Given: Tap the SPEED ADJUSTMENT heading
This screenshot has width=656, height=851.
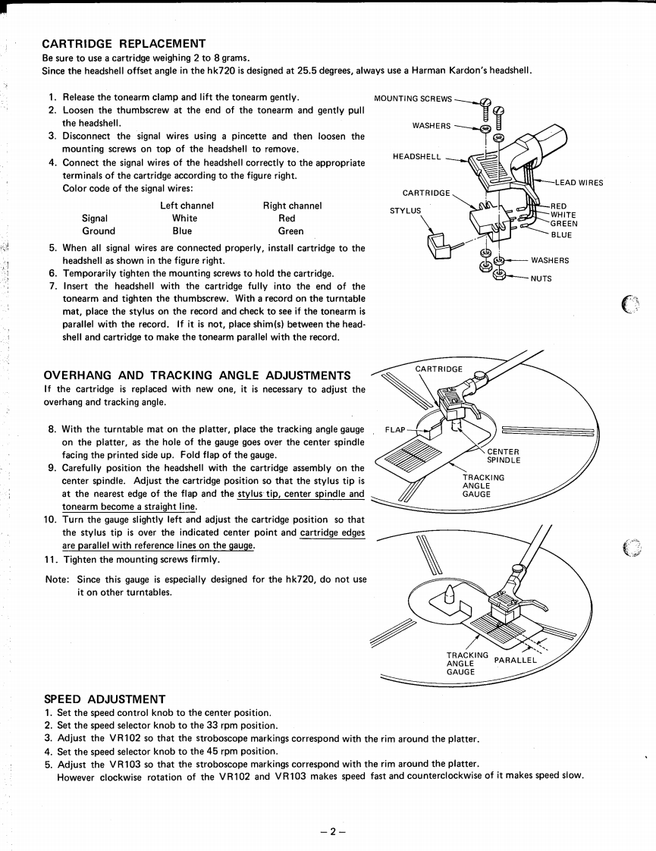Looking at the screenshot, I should (x=104, y=699).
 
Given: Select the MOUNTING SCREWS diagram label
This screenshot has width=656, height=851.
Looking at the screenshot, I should (x=413, y=99).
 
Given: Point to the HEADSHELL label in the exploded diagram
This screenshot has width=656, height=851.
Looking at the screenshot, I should (x=416, y=156).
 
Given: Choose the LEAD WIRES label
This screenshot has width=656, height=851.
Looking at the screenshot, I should (x=579, y=182).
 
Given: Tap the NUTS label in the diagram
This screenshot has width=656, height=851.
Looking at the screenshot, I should (x=541, y=278).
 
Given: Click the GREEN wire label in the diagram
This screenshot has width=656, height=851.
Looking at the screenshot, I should (x=563, y=223).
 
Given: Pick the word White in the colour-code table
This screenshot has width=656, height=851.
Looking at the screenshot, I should (x=184, y=218).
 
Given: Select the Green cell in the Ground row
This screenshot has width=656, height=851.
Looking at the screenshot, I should (x=290, y=231).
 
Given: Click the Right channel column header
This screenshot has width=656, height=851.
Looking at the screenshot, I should (x=292, y=206).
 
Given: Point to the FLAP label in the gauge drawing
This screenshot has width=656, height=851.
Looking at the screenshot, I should (x=395, y=429).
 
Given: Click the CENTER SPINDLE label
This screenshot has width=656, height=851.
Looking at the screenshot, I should (x=504, y=456).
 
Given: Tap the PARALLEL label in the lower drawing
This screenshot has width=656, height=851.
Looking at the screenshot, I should (x=515, y=659).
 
